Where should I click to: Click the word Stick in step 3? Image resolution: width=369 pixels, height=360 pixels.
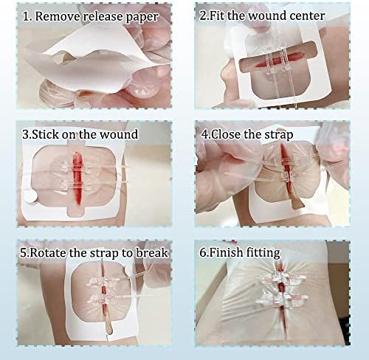(45, 134)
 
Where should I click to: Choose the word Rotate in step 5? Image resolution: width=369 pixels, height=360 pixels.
(49, 253)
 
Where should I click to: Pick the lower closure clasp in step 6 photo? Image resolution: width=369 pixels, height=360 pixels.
(282, 299)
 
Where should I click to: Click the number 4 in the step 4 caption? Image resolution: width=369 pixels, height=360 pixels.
(204, 135)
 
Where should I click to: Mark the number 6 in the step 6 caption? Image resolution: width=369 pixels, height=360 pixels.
(203, 253)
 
